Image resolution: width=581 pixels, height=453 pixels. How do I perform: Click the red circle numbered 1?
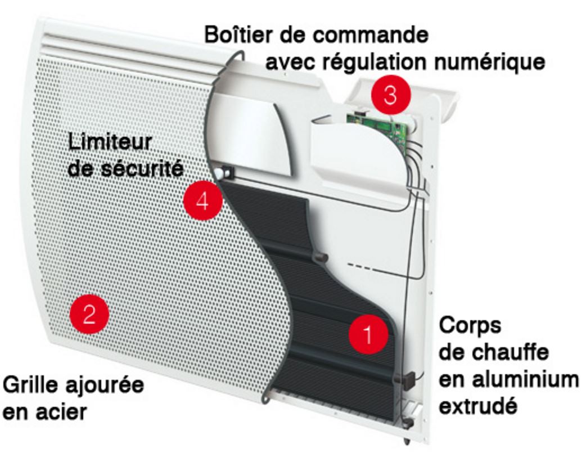[368, 334]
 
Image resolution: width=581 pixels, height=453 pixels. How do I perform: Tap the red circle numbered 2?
[89, 314]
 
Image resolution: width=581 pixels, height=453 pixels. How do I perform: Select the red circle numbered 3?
[390, 95]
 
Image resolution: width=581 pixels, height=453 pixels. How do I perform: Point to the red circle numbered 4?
[202, 201]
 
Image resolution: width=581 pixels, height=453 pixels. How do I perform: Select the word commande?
[371, 35]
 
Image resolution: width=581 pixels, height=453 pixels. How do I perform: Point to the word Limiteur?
[110, 142]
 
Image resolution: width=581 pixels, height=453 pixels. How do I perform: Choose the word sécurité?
[142, 169]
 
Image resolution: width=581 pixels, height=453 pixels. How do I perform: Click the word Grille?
[31, 385]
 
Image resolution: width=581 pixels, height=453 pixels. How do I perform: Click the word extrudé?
[478, 406]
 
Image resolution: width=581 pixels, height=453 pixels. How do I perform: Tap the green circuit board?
[378, 127]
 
